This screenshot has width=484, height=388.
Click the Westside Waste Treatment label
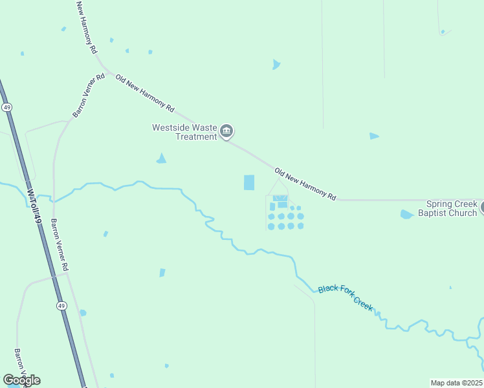click(x=184, y=132)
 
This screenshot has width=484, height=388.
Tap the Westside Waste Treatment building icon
click(x=226, y=132)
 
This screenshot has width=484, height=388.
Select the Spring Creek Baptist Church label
click(x=448, y=208)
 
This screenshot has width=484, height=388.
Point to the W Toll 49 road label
click(x=34, y=206)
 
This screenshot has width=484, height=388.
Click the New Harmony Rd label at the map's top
click(x=86, y=27)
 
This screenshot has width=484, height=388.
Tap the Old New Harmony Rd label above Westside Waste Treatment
click(x=145, y=91)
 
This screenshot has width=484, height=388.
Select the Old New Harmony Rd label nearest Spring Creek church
click(x=305, y=184)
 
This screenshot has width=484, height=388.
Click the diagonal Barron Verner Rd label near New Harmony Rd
click(x=89, y=96)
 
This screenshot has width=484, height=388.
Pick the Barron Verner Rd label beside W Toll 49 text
click(x=60, y=244)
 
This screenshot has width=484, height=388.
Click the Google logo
click(x=21, y=380)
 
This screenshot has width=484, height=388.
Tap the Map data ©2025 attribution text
click(x=456, y=383)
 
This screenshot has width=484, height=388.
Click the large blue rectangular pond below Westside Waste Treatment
click(x=249, y=182)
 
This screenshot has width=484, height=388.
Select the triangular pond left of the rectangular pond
click(x=161, y=158)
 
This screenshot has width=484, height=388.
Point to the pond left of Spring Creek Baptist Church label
click(x=406, y=214)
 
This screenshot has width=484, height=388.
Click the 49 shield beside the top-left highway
click(x=6, y=107)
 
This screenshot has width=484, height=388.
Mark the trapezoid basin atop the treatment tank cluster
click(x=280, y=198)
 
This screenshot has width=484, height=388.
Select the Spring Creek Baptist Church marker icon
click(x=482, y=208)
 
